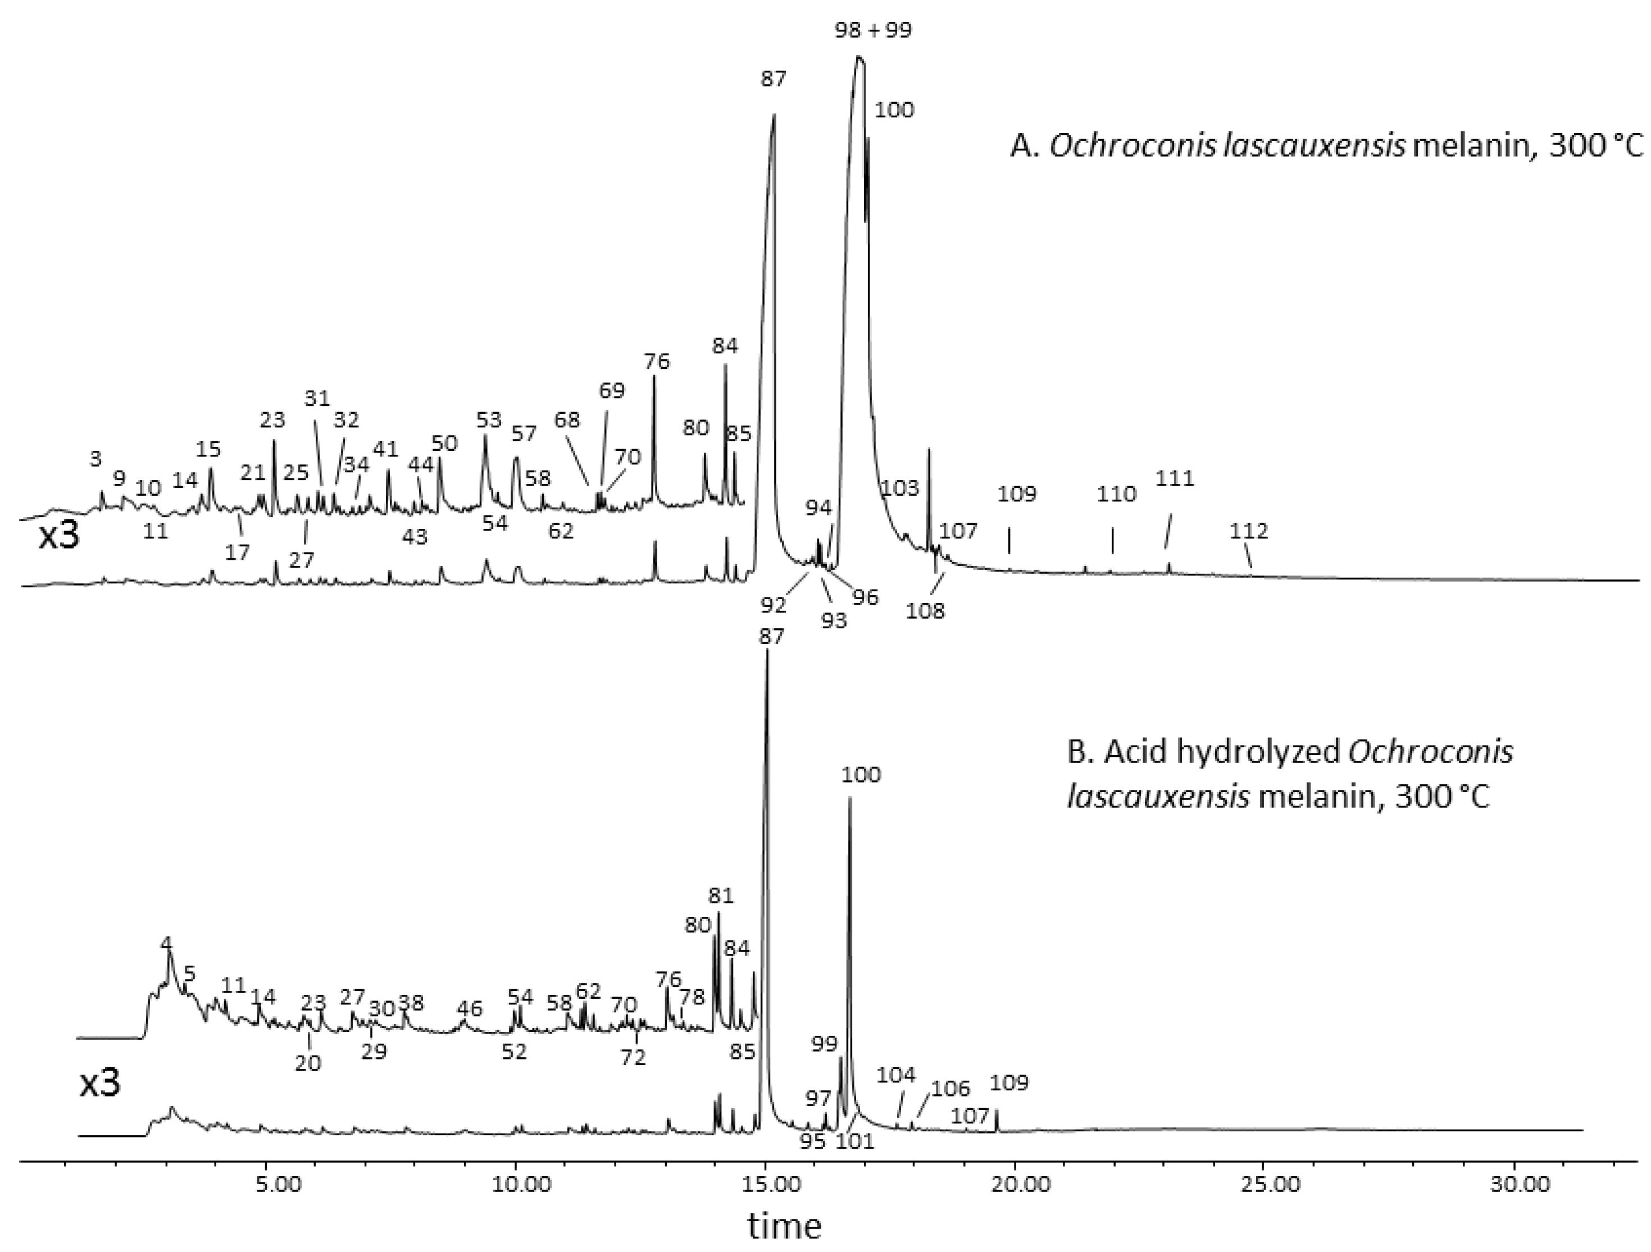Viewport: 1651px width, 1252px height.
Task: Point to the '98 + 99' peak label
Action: [x=874, y=30]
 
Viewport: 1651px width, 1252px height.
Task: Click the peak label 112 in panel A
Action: [x=1249, y=531]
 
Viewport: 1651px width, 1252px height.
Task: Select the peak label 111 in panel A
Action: [x=1175, y=478]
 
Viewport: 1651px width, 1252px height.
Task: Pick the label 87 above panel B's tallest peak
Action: [x=771, y=637]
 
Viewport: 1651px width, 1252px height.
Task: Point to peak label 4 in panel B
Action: [x=166, y=943]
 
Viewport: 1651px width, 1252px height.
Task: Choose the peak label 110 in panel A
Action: [x=1117, y=494]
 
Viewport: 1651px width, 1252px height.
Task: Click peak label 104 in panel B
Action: [x=895, y=1075]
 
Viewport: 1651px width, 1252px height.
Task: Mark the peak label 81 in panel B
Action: [x=721, y=895]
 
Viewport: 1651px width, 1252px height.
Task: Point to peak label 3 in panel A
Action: [x=95, y=459]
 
